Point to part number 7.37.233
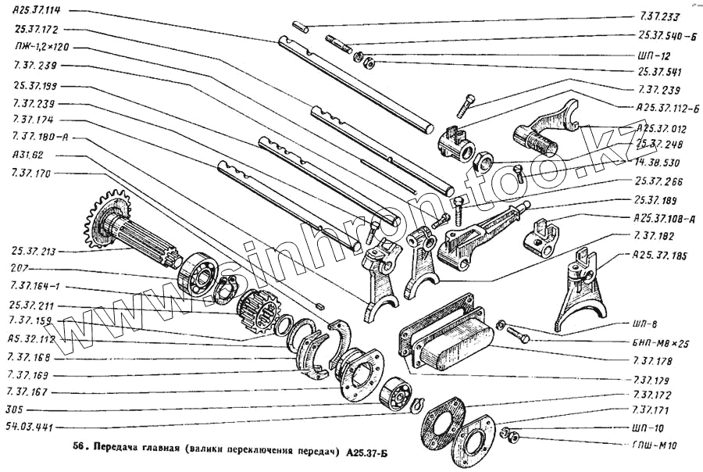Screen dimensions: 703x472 (659, 16)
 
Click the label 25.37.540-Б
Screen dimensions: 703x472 (665, 35)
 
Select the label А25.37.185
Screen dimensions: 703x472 (661, 255)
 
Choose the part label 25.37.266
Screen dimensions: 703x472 (660, 181)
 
